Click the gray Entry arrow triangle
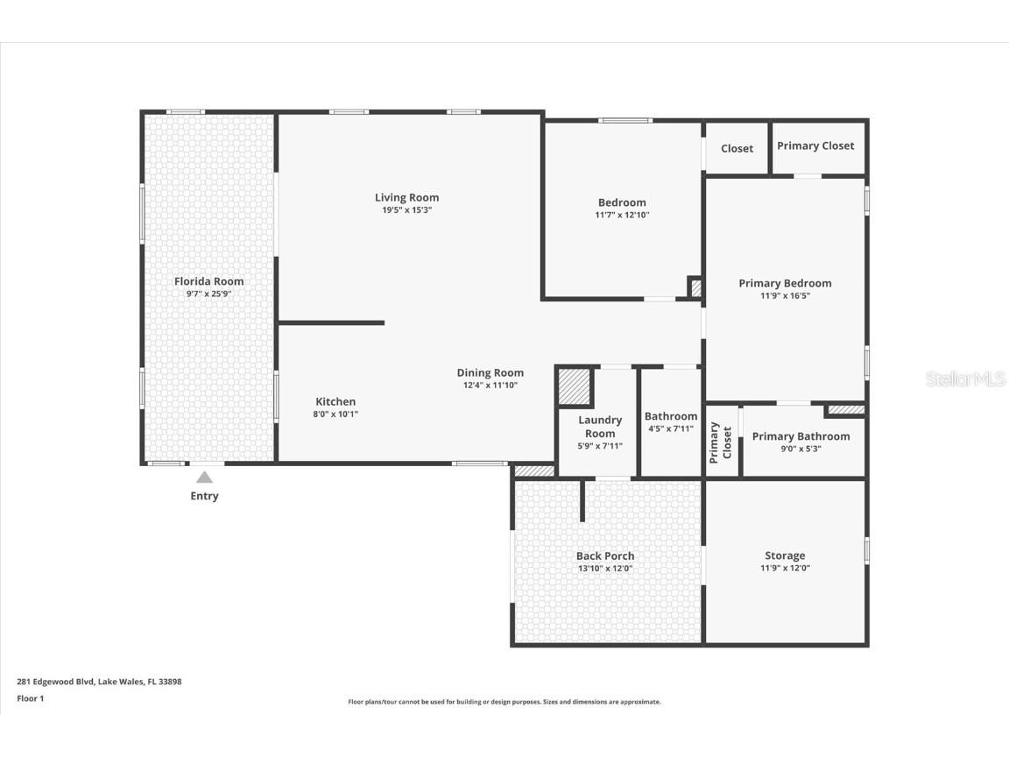point(204,477)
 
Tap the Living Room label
point(406,198)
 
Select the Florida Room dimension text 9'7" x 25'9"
point(209,294)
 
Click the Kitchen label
point(335,401)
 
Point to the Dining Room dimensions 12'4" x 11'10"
point(490,385)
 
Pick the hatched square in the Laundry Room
point(574,386)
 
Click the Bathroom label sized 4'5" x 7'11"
point(671,416)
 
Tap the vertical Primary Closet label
point(720,442)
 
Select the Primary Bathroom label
point(801,436)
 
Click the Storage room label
point(785,555)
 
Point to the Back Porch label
point(605,556)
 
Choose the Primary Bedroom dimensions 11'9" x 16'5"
point(785,295)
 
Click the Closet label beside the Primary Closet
point(737,149)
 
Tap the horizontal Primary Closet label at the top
point(815,146)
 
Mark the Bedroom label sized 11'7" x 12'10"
point(622,202)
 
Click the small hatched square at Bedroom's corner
point(695,287)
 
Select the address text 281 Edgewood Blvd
point(56,682)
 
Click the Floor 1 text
point(31,698)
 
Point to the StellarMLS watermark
point(964,379)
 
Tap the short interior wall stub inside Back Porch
point(582,500)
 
